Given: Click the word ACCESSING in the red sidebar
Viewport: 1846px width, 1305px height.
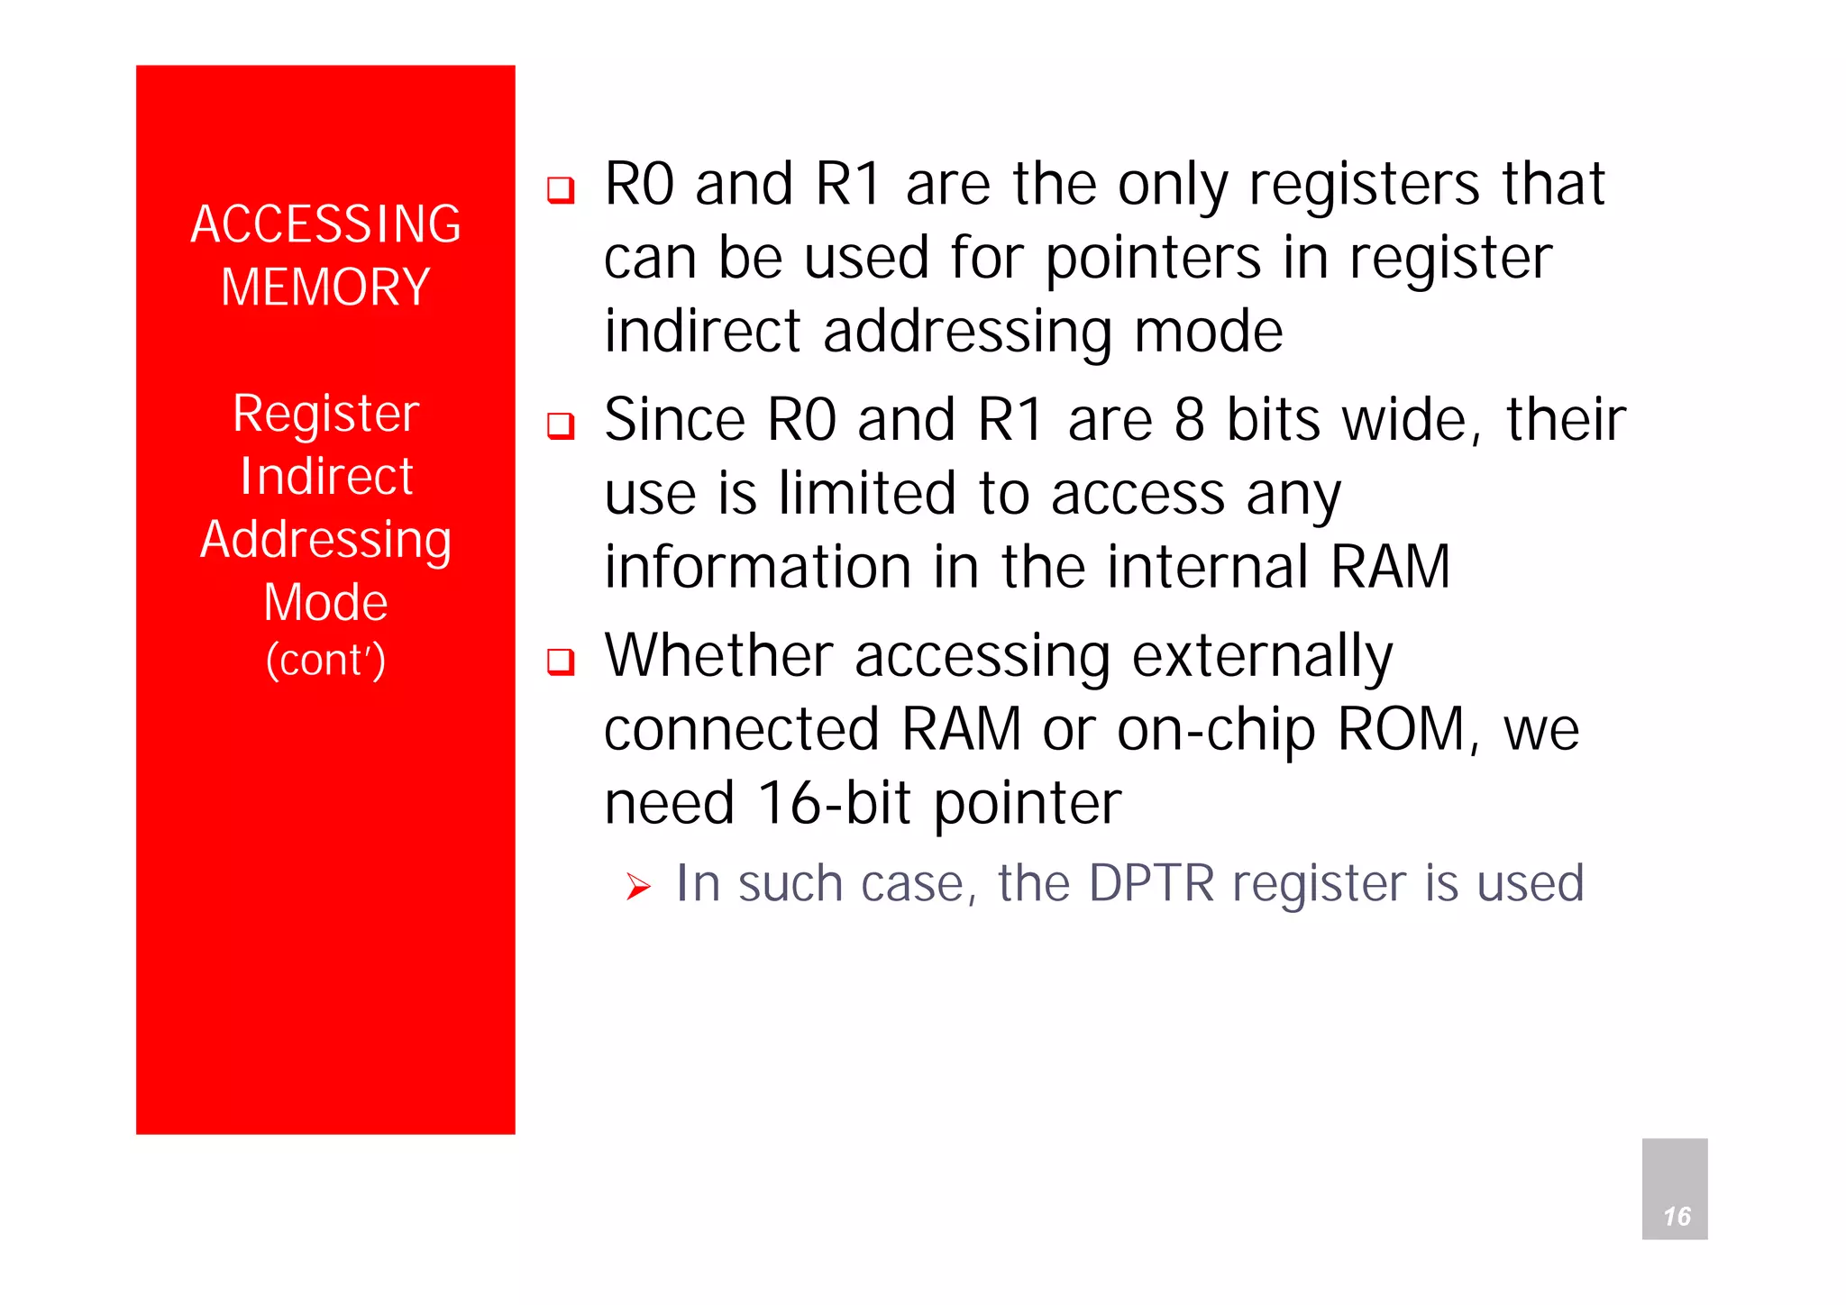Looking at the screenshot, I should pyautogui.click(x=325, y=224).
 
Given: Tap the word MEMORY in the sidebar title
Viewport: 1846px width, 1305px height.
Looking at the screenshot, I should pyautogui.click(x=325, y=287).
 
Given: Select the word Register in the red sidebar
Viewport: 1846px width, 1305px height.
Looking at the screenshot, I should pyautogui.click(x=325, y=414).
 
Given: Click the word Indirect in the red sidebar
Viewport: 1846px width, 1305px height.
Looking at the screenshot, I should pyautogui.click(x=325, y=476).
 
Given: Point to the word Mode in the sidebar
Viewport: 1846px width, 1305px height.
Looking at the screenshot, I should pyautogui.click(x=325, y=602).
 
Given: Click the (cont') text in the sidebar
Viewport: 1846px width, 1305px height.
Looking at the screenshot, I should pyautogui.click(x=325, y=660).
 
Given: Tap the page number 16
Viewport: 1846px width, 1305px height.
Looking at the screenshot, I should pyautogui.click(x=1676, y=1216).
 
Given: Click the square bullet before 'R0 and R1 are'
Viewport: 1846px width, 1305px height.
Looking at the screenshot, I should pyautogui.click(x=561, y=190).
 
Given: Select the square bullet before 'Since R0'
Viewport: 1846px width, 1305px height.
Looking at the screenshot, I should pyautogui.click(x=561, y=425).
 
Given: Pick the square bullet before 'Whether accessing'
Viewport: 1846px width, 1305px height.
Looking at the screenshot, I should pyautogui.click(x=561, y=662).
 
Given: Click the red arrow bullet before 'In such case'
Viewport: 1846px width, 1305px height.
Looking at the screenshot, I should pyautogui.click(x=638, y=887).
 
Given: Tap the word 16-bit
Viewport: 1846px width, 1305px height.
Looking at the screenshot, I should pyautogui.click(x=834, y=803).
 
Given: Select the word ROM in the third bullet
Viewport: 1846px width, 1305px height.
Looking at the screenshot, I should pyautogui.click(x=1403, y=729).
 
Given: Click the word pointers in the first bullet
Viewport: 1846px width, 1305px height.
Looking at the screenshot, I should pyautogui.click(x=1153, y=259).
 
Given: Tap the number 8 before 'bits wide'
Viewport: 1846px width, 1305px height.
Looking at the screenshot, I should pyautogui.click(x=1190, y=420).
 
